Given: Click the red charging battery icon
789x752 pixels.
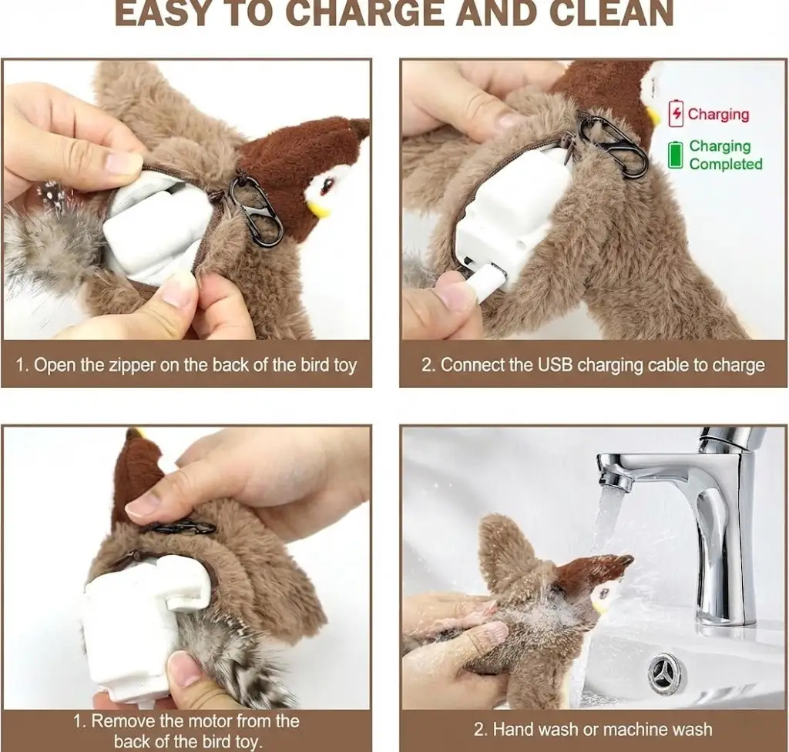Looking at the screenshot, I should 676,114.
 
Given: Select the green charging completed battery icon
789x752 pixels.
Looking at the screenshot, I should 676,154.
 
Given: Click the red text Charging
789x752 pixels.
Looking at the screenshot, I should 718,115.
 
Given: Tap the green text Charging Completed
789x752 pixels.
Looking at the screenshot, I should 725,155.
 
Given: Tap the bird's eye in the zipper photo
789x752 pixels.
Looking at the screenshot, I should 327,185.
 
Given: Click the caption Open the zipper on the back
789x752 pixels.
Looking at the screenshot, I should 186,364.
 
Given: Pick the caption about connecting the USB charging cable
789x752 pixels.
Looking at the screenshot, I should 593,364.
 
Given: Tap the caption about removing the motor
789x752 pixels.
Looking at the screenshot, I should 186,730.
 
